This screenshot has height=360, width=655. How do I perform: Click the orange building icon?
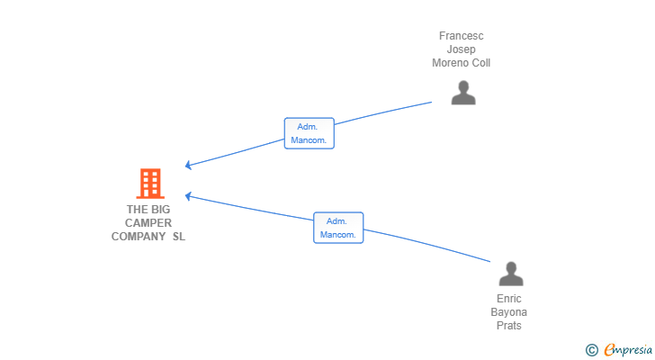149,184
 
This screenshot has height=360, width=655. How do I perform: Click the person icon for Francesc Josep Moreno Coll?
463,93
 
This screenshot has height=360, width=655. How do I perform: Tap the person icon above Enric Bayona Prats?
510,274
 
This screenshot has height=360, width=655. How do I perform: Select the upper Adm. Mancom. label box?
310,134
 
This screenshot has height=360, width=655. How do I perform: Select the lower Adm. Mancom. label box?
338,228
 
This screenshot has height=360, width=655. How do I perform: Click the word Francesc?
462,36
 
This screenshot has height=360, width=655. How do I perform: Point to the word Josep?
462,49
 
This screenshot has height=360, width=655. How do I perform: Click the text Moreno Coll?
462,63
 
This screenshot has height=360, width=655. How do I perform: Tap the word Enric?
509,299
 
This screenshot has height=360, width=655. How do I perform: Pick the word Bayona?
509,312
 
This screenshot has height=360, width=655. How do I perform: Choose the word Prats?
509,326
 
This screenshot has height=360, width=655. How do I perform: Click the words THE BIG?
148,210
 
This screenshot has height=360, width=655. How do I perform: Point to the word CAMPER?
148,223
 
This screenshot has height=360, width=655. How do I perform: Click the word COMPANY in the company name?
139,237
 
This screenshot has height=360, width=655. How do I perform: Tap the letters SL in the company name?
179,237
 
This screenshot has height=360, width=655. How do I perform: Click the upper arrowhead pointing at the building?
189,165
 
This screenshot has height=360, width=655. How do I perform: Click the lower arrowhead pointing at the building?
189,195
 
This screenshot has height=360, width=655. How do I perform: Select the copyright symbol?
591,350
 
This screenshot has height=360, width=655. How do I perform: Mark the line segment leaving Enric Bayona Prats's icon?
432,246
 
